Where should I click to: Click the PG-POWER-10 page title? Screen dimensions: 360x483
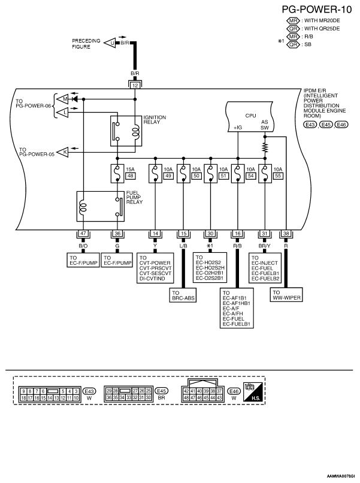point(317,10)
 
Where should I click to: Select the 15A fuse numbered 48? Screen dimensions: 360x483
point(117,174)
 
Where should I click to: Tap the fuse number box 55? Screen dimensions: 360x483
point(278,176)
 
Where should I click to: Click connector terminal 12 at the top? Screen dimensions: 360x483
point(135,85)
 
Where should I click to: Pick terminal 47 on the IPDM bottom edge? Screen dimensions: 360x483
point(83,234)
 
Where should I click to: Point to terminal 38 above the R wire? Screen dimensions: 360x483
point(286,234)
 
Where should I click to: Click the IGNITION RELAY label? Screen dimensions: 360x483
point(155,119)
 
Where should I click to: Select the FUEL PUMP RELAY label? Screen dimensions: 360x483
point(134,197)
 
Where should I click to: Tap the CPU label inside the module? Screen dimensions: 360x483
point(250,116)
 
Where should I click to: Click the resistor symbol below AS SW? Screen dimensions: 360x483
point(265,147)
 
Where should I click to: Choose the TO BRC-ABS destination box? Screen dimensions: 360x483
point(183,295)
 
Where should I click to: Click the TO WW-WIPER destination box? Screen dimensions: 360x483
point(286,295)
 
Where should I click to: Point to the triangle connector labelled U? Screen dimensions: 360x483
point(110,43)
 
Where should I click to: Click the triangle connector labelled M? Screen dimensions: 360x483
point(63,99)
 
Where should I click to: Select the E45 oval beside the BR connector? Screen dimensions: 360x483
point(161,391)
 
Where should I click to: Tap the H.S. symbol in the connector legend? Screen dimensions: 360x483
point(254,392)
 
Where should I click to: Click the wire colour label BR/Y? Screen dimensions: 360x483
point(265,246)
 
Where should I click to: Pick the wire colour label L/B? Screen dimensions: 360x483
point(183,246)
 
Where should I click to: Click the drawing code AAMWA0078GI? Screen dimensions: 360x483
point(341,476)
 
